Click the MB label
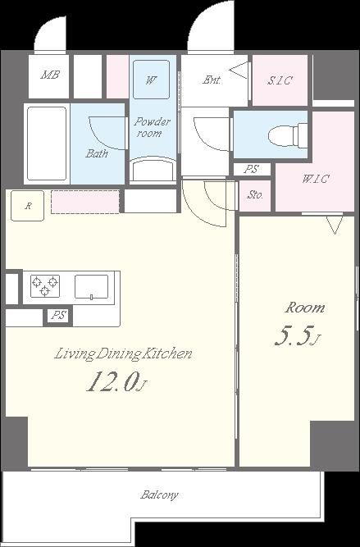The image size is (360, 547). click(50, 75)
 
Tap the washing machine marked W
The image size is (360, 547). click(152, 80)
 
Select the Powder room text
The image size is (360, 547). click(152, 127)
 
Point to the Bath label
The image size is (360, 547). click(97, 153)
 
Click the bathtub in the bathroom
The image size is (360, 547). click(47, 144)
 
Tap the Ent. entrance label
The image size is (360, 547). click(212, 80)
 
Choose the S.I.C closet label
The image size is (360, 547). click(280, 80)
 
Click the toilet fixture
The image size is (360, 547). click(288, 134)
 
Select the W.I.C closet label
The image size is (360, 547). click(316, 179)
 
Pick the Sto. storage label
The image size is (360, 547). click(255, 195)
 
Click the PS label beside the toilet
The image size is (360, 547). click(251, 170)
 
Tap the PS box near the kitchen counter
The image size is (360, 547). click(58, 316)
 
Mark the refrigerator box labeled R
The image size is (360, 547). click(28, 206)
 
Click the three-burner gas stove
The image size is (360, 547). click(44, 285)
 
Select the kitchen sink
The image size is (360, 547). click(91, 287)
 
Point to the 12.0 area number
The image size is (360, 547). click(112, 381)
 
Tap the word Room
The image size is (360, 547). click(305, 308)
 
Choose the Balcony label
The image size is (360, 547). click(159, 495)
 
